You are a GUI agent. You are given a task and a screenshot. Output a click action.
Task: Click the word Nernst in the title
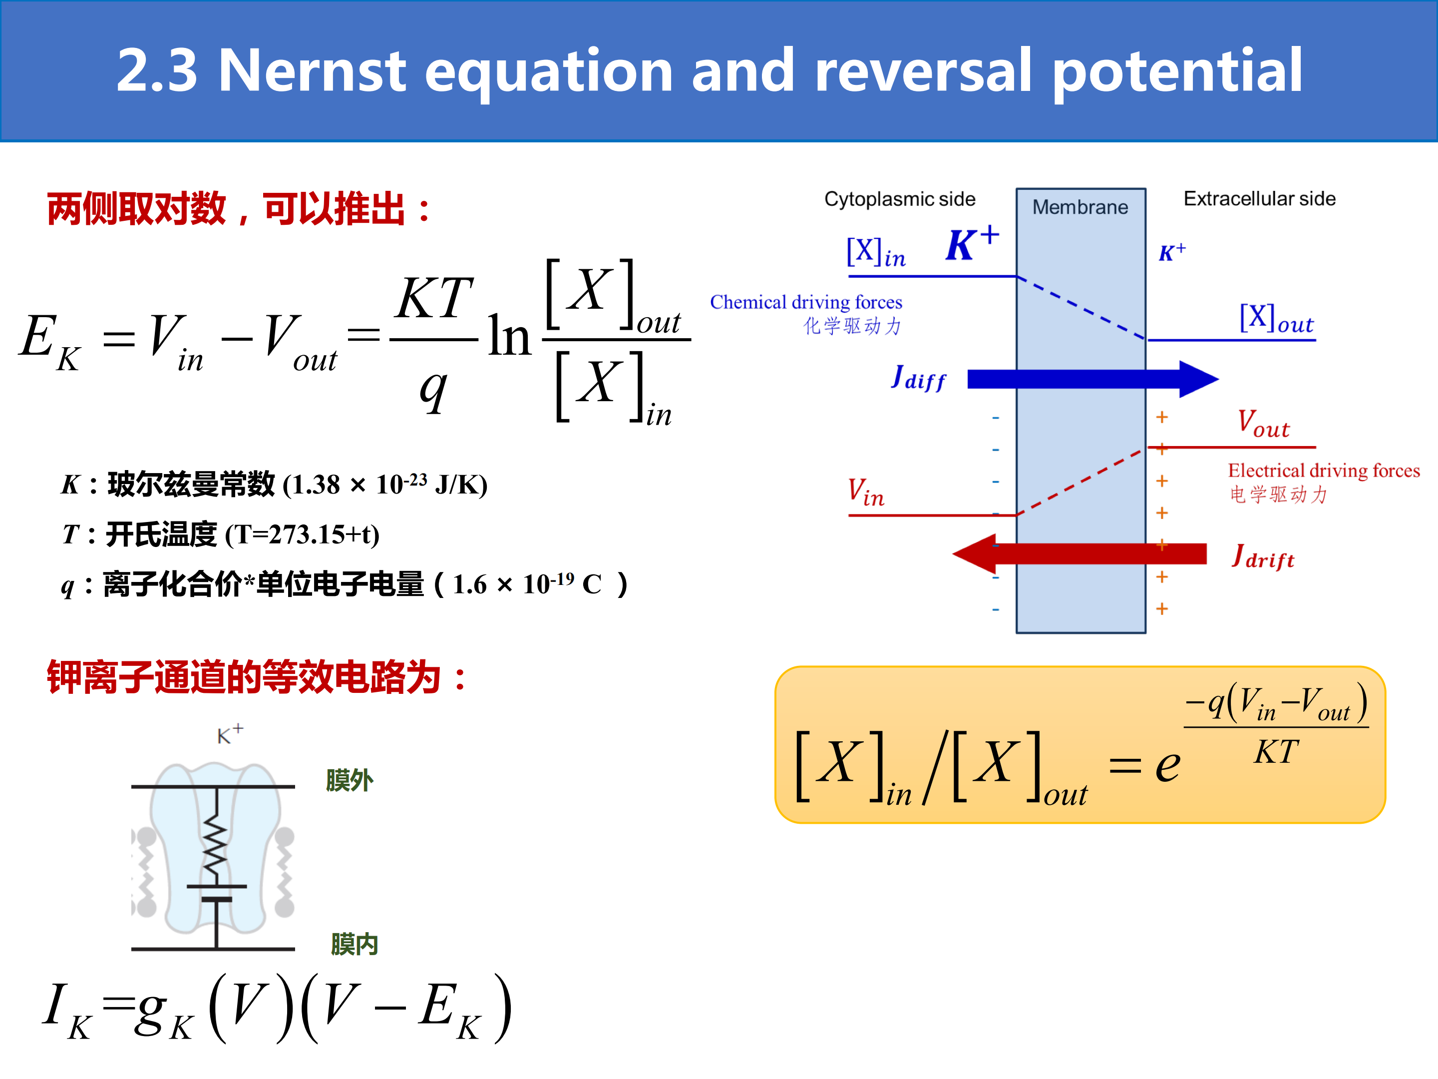coord(313,70)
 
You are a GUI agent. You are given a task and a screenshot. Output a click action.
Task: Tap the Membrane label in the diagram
coord(1080,207)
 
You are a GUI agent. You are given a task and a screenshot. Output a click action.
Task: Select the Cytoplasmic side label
coord(900,199)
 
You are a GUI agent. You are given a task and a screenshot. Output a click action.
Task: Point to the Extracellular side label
coord(1259,198)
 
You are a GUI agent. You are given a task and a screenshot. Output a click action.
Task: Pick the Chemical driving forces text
coord(806,302)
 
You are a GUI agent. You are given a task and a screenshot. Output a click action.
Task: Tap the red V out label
coord(1263,424)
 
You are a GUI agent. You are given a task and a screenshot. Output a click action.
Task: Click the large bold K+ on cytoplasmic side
coord(972,243)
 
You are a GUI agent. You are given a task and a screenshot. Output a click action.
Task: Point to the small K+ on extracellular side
coord(1172,252)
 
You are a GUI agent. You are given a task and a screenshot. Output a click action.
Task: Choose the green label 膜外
coord(349,780)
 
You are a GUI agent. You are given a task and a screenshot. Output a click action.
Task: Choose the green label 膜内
coord(355,944)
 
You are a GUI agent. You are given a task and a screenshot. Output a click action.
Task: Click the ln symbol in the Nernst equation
coord(510,336)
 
